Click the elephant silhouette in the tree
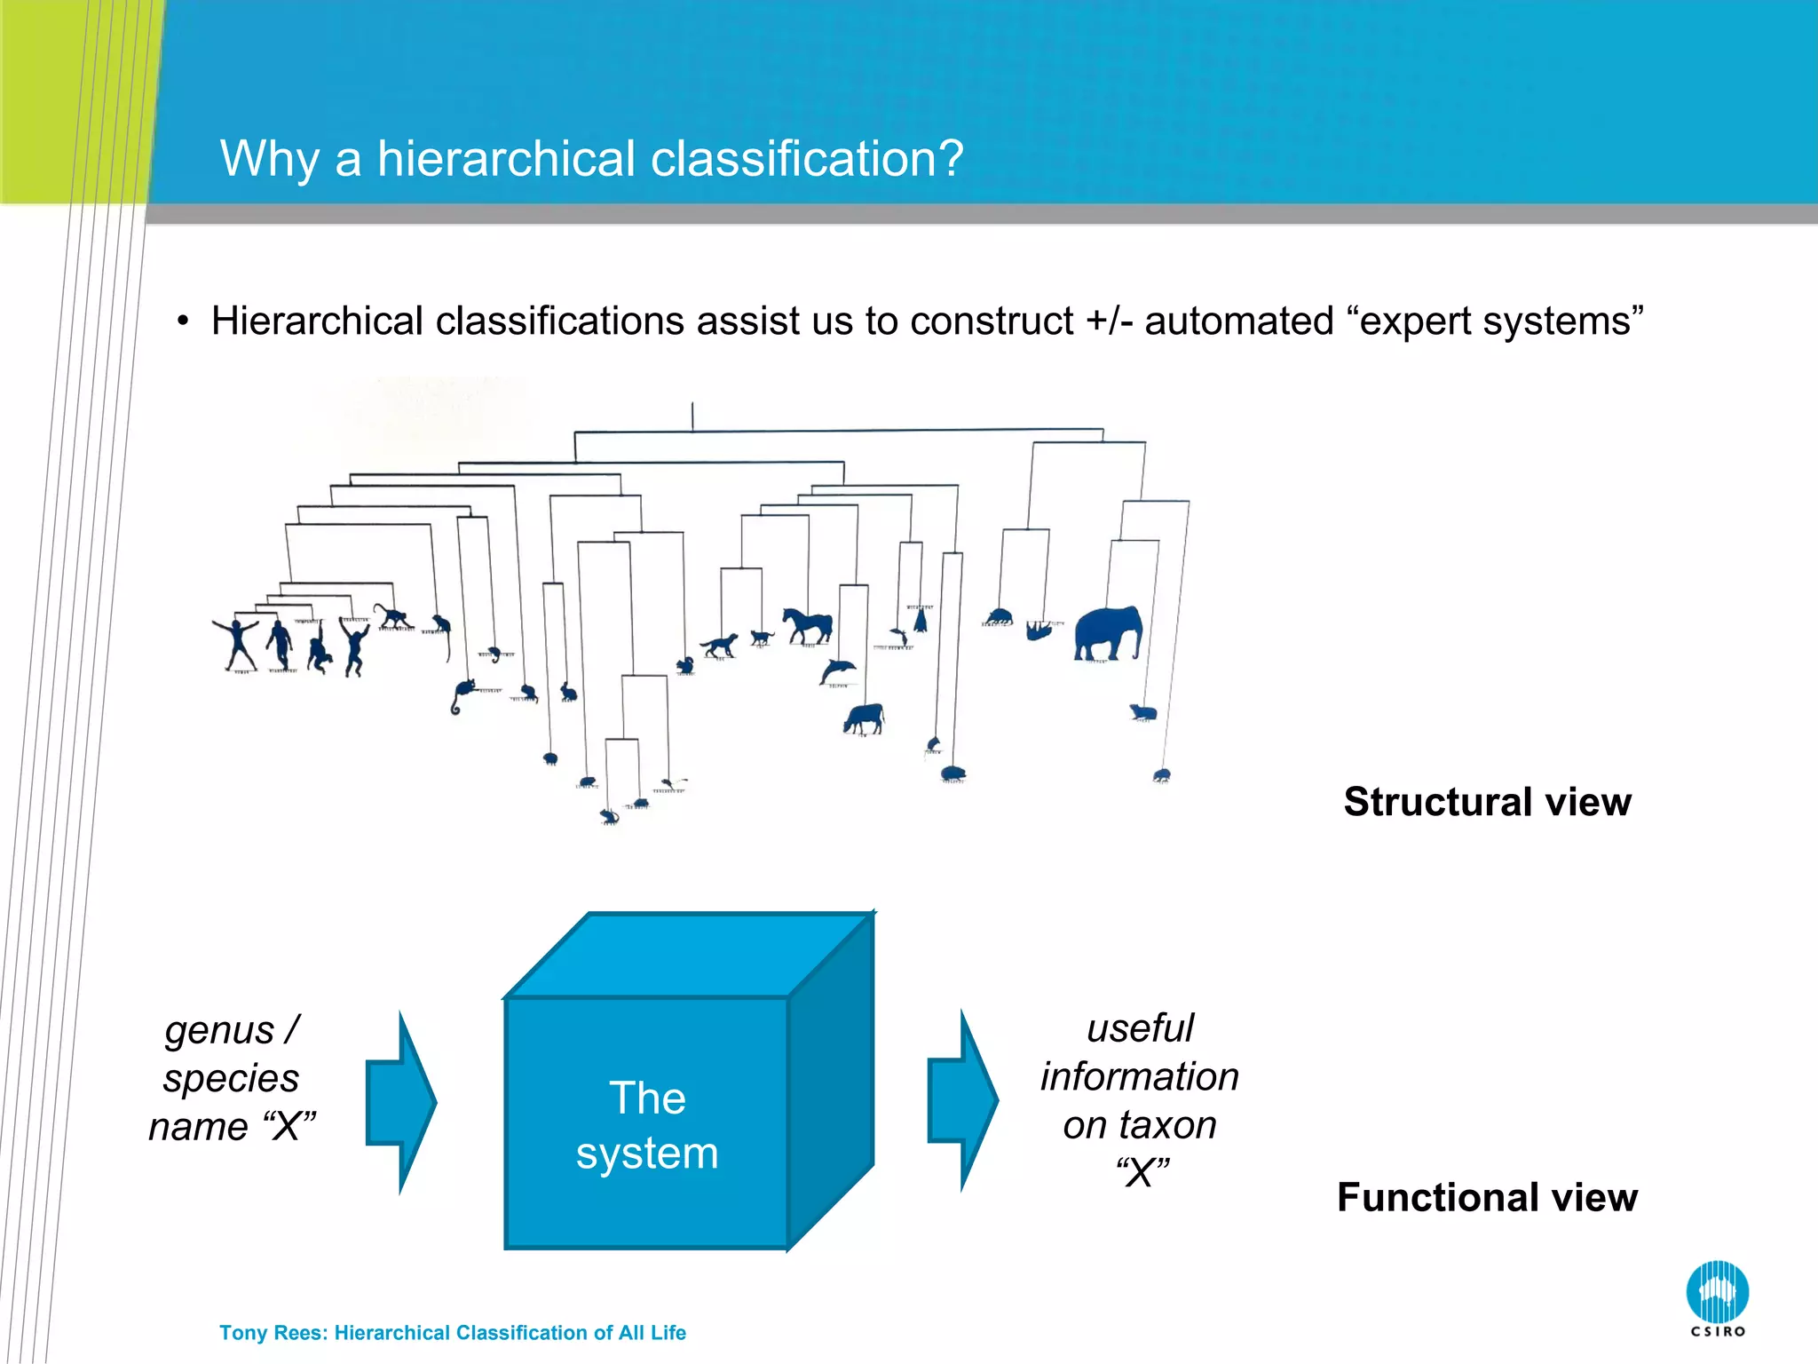pyautogui.click(x=1107, y=632)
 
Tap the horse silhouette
pyautogui.click(x=807, y=625)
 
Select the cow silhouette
pyautogui.click(x=864, y=717)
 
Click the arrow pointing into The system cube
pyautogui.click(x=401, y=1102)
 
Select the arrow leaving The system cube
pyautogui.click(x=963, y=1100)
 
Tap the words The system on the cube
pyautogui.click(x=647, y=1125)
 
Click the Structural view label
pyautogui.click(x=1487, y=802)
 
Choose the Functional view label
pyautogui.click(x=1487, y=1197)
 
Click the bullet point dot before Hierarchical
pyautogui.click(x=183, y=321)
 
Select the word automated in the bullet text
pyautogui.click(x=1238, y=321)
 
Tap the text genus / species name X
pyautogui.click(x=232, y=1078)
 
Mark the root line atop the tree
pyautogui.click(x=692, y=416)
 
